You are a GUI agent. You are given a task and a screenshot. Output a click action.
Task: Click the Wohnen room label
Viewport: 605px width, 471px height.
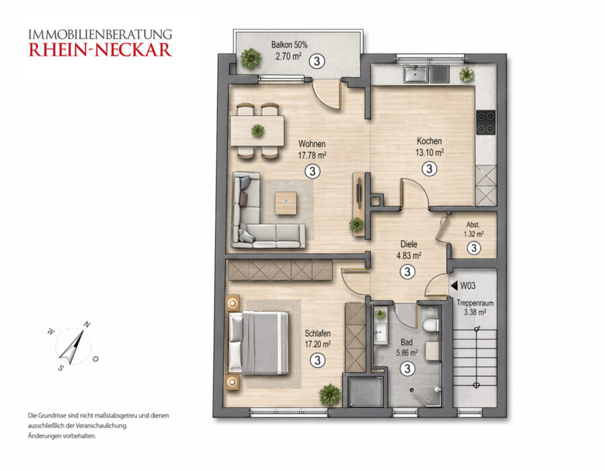tap(312, 144)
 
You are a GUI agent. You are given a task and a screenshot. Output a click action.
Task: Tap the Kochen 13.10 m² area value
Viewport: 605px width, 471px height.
tap(430, 153)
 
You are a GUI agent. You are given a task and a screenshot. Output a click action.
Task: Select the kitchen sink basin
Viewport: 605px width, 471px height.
tap(415, 74)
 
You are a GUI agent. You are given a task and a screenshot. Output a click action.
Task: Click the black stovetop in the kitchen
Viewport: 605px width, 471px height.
tap(486, 122)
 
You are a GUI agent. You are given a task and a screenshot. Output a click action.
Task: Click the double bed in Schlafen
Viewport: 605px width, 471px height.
tap(259, 343)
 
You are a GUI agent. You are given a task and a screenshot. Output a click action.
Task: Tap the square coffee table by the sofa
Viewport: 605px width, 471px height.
tap(286, 203)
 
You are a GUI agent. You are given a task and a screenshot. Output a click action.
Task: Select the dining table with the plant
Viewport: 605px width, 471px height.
tap(257, 131)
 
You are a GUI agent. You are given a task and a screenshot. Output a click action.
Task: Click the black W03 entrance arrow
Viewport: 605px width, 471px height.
tap(454, 285)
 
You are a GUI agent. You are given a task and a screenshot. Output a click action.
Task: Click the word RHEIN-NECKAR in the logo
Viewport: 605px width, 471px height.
tap(100, 50)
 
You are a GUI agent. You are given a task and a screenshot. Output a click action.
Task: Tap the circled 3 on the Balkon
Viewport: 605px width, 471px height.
tap(317, 61)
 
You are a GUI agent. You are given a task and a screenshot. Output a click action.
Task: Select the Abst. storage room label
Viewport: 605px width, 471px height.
tap(473, 225)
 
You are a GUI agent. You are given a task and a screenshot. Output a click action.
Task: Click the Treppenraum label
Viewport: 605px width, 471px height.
tap(475, 303)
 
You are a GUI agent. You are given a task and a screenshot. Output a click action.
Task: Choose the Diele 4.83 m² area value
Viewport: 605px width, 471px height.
tap(409, 256)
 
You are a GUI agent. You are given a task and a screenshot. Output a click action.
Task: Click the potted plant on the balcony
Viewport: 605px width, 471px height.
tap(251, 59)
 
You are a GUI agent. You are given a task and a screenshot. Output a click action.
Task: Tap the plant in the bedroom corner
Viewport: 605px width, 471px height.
tap(330, 394)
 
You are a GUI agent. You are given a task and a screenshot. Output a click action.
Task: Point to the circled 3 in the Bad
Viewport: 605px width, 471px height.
tap(407, 368)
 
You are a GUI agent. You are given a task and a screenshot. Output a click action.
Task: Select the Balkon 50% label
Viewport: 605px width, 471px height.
tap(289, 45)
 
